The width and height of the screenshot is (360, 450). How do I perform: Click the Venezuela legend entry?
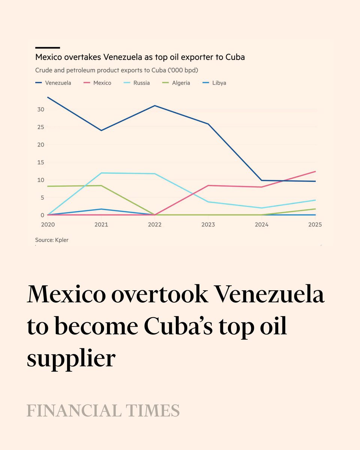53,83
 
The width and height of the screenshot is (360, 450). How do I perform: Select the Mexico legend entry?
97,83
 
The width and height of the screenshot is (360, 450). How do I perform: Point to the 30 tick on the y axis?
40,109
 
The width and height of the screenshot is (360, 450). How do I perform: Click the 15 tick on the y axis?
40,162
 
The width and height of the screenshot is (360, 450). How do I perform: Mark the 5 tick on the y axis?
42,198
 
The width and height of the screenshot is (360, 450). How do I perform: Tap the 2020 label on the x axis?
48,225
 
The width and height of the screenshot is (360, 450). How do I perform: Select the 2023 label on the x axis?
208,225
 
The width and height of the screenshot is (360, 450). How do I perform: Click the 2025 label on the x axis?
315,225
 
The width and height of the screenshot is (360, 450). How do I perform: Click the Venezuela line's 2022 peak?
155,106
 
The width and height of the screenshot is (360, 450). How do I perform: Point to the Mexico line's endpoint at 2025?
315,171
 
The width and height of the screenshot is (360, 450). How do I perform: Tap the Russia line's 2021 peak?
101,173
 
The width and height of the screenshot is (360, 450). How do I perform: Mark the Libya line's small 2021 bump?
101,209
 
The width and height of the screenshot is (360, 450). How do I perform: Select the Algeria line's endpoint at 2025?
315,209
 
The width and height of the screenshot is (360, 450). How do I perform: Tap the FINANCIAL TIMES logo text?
103,411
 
